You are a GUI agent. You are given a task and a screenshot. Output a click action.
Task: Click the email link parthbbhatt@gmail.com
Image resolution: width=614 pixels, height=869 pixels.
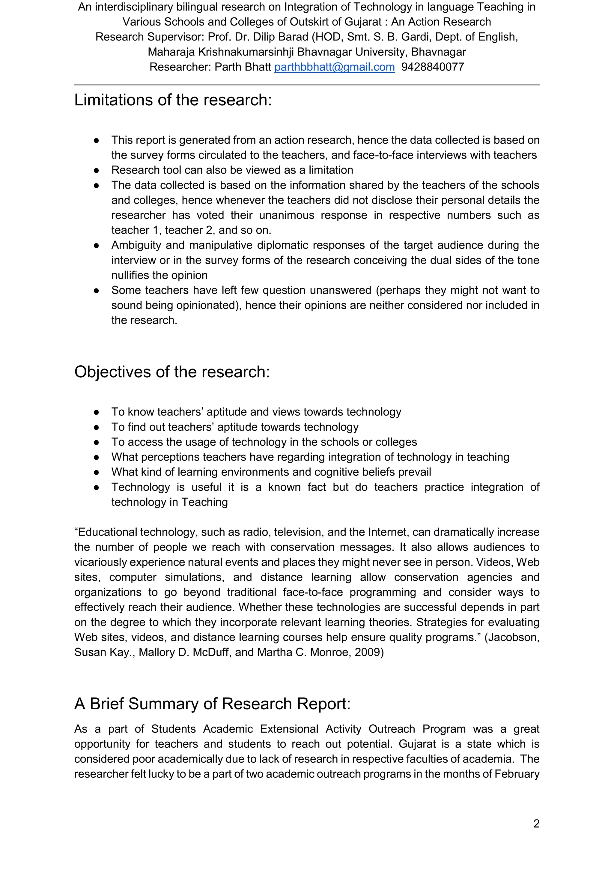[334, 67]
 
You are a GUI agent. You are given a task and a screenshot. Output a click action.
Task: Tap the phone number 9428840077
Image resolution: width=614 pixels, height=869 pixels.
[433, 67]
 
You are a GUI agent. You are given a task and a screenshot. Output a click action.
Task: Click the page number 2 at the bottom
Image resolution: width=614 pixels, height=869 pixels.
[536, 824]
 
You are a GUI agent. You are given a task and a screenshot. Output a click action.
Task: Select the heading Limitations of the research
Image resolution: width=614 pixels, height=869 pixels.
[173, 100]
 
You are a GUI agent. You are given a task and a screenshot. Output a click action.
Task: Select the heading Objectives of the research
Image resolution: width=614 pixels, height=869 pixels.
[172, 372]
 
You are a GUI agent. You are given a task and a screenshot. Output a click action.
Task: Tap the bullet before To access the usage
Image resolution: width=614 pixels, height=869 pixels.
[97, 442]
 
